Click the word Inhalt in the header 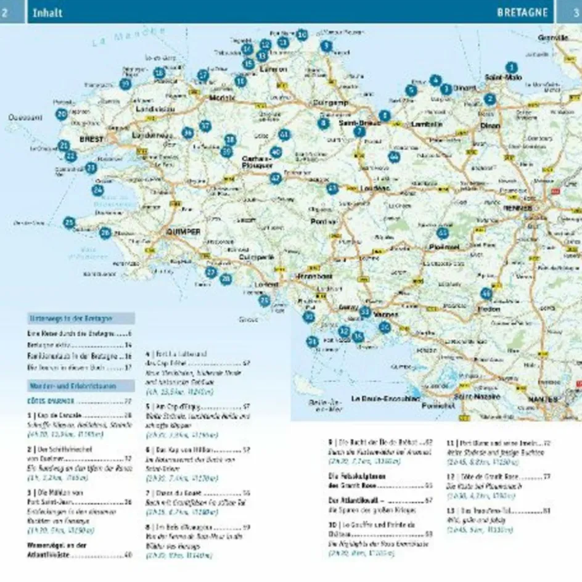point(47,12)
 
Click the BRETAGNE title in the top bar point(522,12)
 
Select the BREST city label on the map point(91,140)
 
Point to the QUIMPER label point(183,231)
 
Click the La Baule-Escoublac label point(385,399)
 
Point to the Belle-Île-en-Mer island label point(326,406)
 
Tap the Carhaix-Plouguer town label point(257,162)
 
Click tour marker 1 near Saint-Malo point(510,67)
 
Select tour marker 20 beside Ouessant point(62,114)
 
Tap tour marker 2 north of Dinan point(490,99)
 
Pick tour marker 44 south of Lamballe point(394,157)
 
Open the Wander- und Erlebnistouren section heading point(73,387)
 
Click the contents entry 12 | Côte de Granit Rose point(483,477)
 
